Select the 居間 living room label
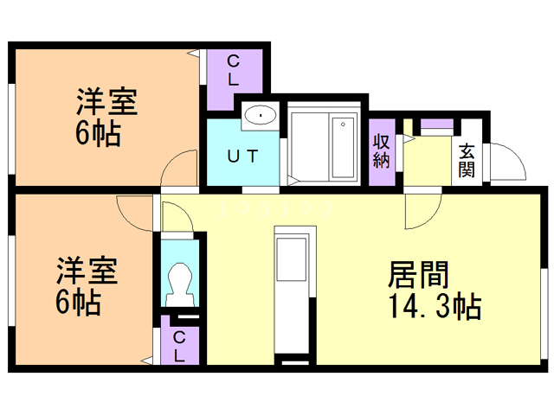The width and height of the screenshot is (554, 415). coord(419,276)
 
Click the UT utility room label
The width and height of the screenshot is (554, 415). coord(241,157)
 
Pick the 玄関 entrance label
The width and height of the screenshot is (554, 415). coord(467,159)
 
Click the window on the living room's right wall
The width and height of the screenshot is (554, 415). coord(545,311)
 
